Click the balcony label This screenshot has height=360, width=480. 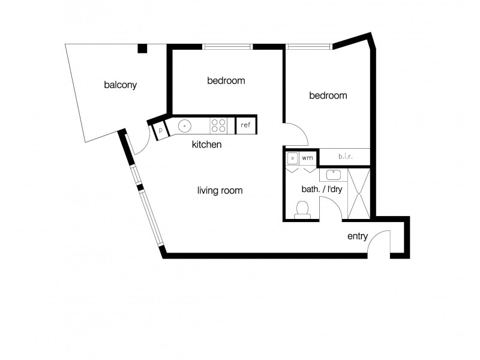tap(121, 85)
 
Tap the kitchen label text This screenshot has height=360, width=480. tap(207, 145)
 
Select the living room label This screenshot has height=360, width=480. tap(220, 191)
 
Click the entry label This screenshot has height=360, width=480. tap(358, 236)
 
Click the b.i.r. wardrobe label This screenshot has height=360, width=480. tap(344, 157)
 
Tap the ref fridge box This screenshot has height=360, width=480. tap(245, 125)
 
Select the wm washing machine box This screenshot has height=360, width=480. tap(307, 158)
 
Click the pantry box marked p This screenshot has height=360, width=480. tap(161, 130)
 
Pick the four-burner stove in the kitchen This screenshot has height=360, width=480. tap(218, 125)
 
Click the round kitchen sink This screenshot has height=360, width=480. tap(185, 126)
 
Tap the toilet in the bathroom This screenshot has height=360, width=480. tap(303, 209)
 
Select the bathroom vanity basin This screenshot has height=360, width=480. tap(333, 175)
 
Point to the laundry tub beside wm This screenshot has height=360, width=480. tap(292, 158)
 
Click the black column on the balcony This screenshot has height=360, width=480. tap(142, 48)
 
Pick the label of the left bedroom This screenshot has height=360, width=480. tap(226, 80)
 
